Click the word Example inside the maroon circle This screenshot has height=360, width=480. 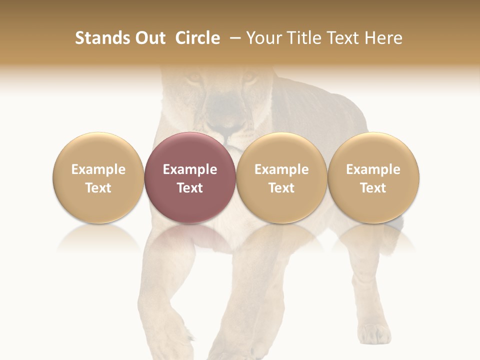point(190,169)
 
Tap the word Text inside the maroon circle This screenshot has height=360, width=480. point(190,188)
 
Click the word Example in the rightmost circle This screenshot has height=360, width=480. point(373,169)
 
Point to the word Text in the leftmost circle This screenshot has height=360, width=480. point(98,188)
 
